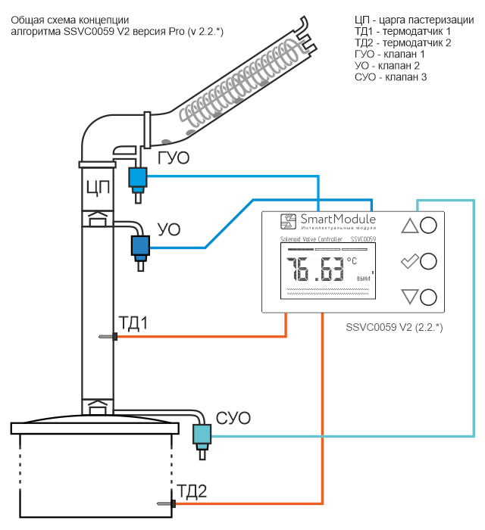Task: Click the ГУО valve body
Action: point(138,177)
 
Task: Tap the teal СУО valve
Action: point(202,434)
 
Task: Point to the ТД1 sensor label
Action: point(133,324)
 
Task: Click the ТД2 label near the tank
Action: point(192,491)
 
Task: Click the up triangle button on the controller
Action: point(410,225)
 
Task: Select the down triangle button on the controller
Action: point(410,298)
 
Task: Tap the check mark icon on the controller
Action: point(410,262)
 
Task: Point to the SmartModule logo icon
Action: point(289,221)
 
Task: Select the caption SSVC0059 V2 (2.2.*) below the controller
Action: point(393,327)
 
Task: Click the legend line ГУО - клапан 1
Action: point(390,55)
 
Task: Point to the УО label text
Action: point(168,229)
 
